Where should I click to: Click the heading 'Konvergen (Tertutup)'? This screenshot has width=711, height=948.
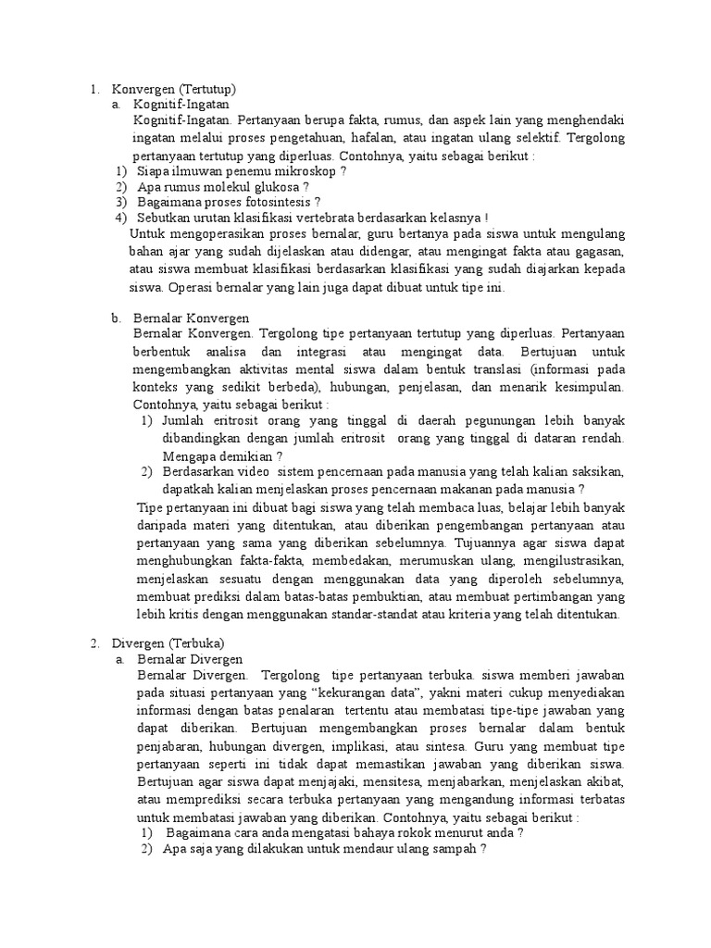pyautogui.click(x=174, y=89)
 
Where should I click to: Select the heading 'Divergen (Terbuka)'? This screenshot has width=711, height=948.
pyautogui.click(x=168, y=642)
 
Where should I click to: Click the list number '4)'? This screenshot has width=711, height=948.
pyautogui.click(x=120, y=218)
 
